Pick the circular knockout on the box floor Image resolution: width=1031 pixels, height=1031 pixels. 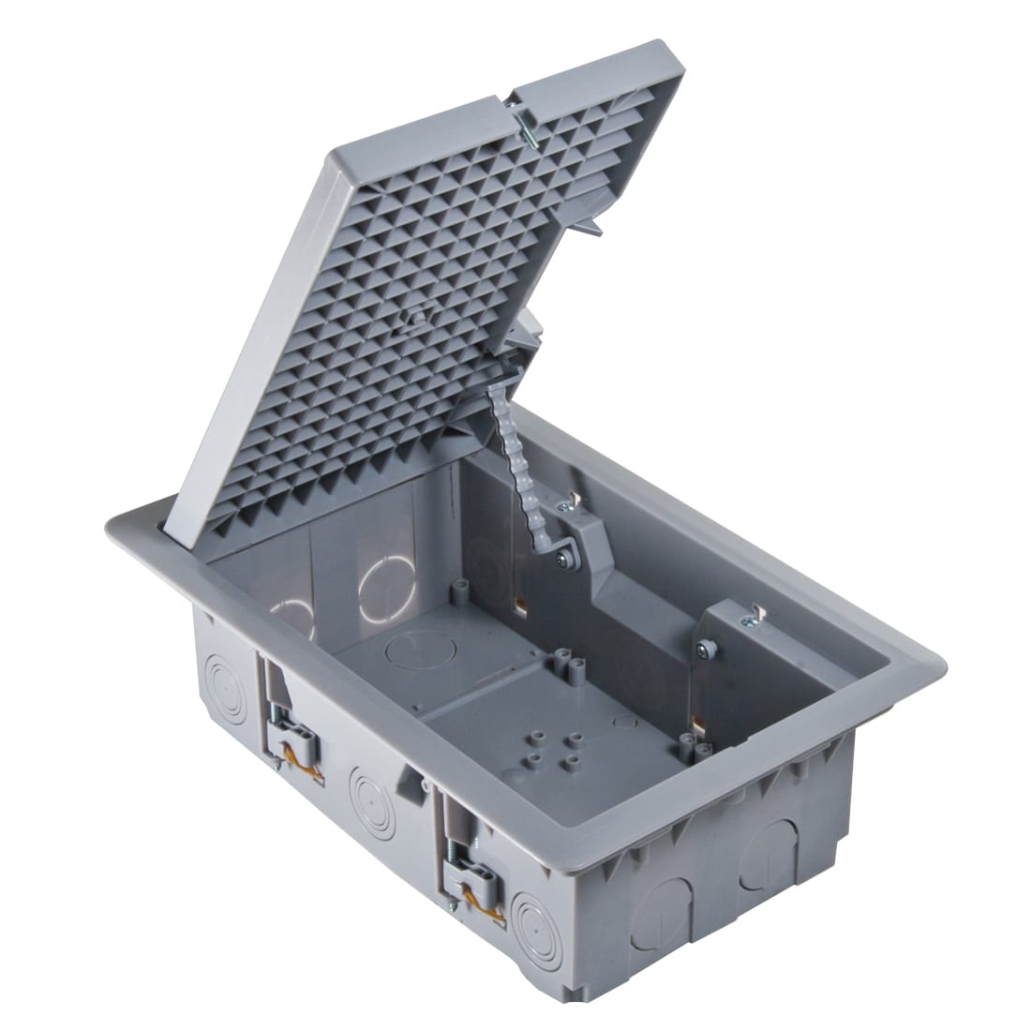[x=409, y=648]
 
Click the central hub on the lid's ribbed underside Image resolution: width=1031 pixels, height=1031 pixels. [x=413, y=319]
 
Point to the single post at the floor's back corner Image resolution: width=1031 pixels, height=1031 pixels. [x=458, y=590]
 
